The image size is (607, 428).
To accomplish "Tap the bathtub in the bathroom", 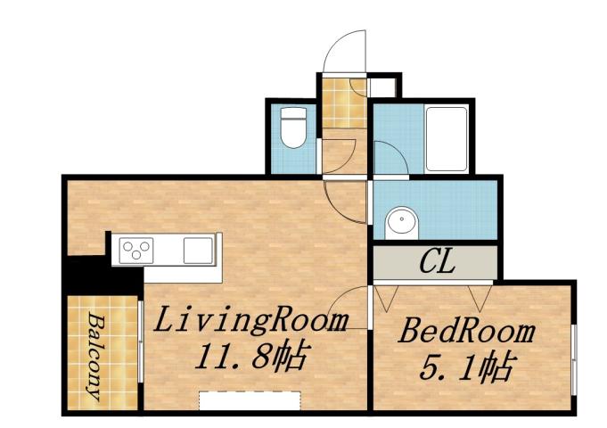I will tap(446, 137).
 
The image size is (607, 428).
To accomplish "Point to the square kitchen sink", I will tap(198, 250).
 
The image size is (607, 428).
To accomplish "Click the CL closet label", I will tap(437, 263).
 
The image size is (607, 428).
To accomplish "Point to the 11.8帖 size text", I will tap(250, 358).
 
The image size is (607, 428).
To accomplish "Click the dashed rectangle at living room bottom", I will tap(250, 400).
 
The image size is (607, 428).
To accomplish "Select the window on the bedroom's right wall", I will tap(573, 357).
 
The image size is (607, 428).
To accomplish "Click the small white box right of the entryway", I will tap(383, 87).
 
